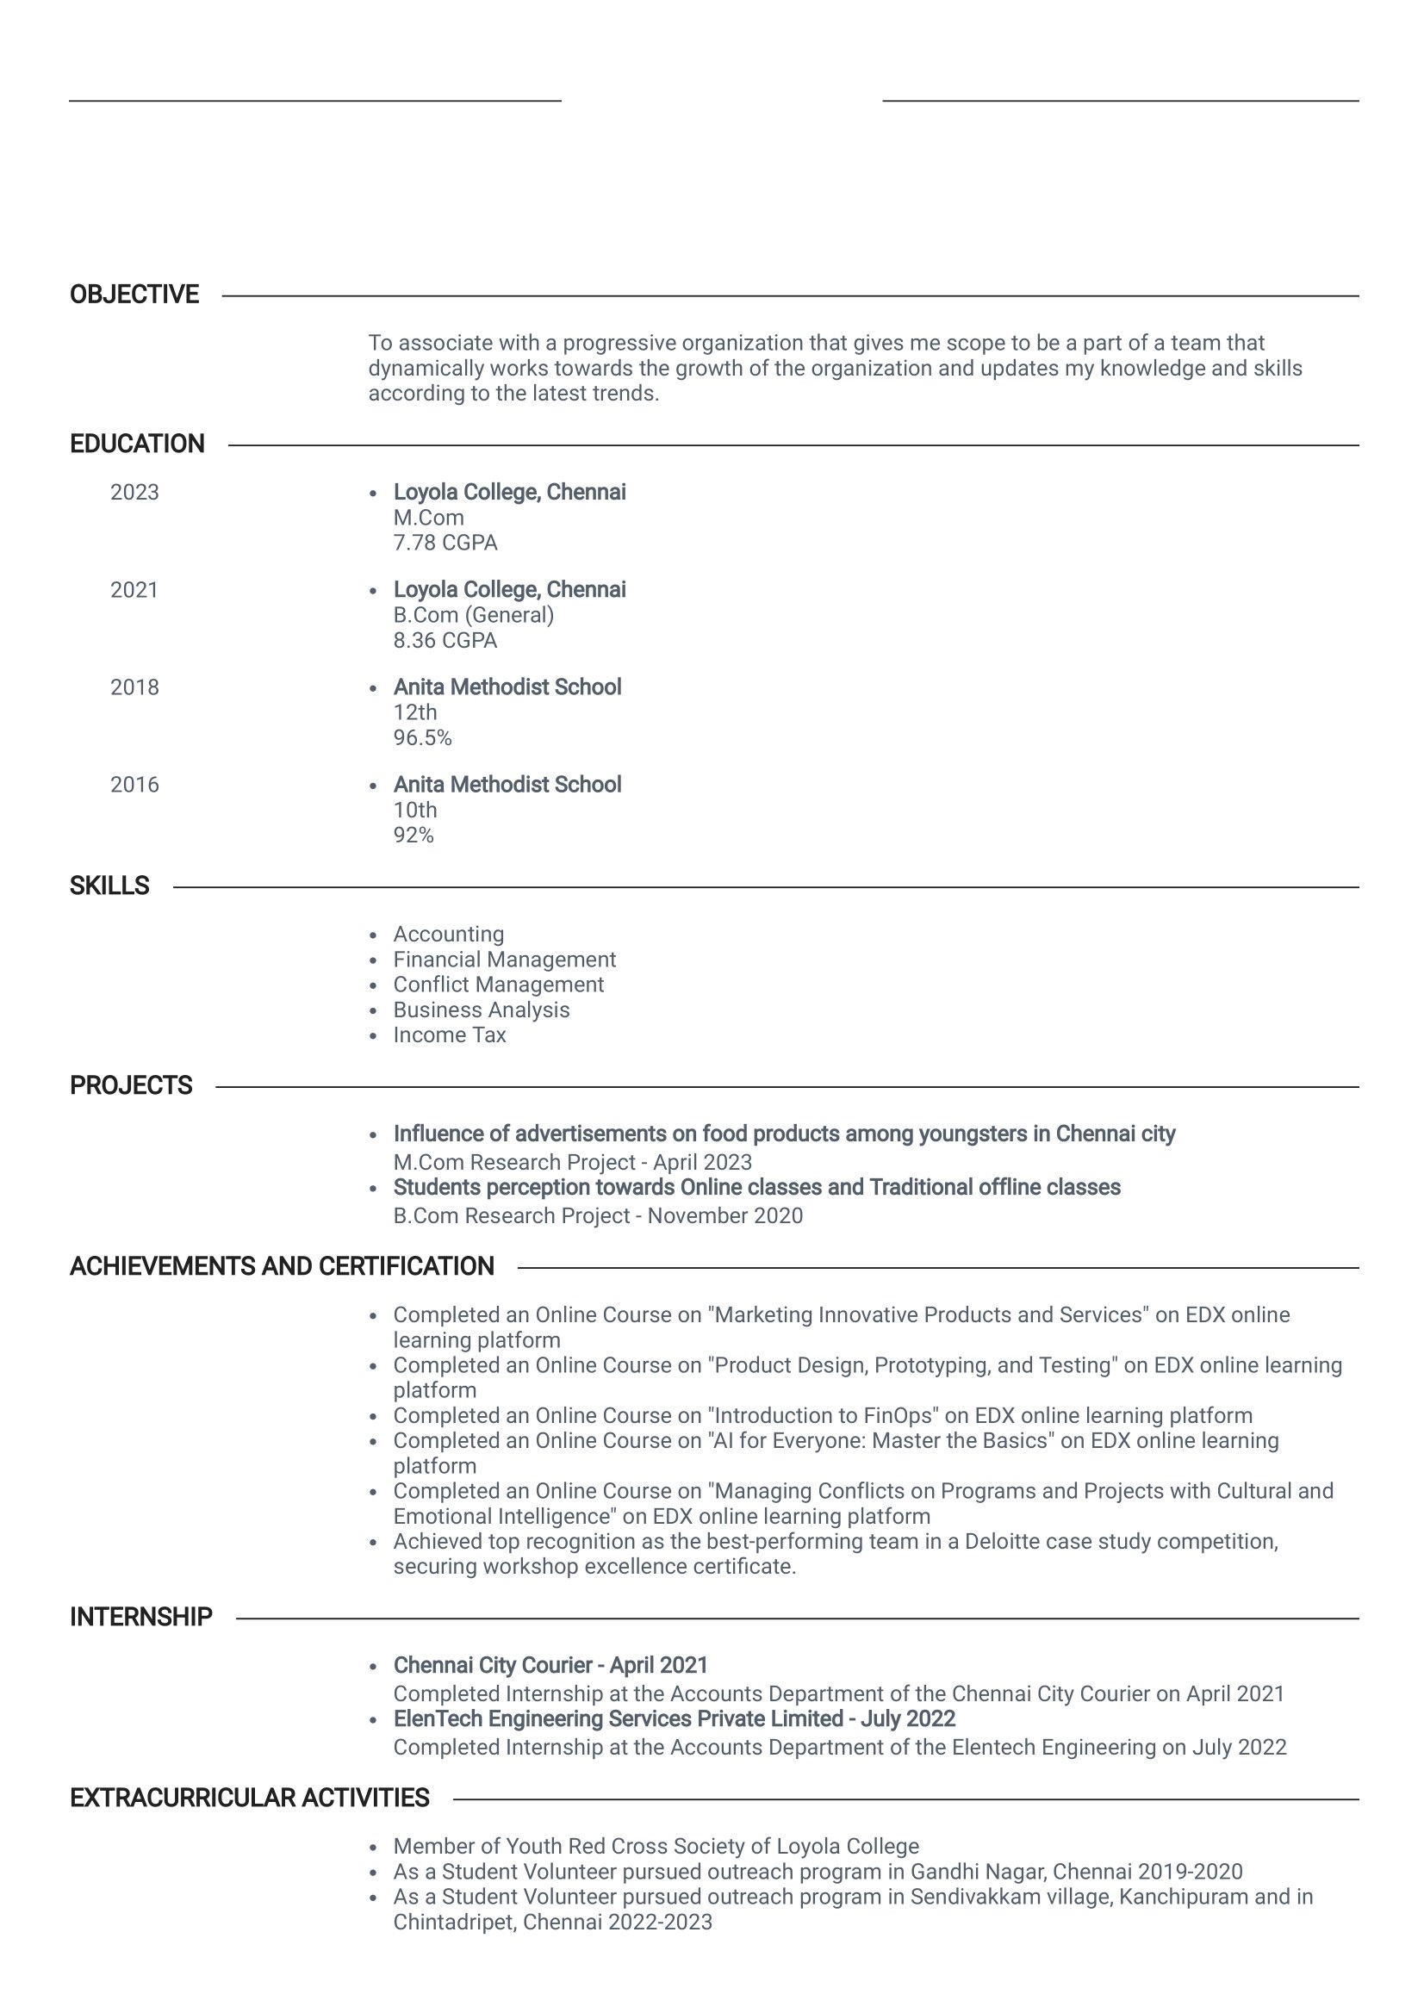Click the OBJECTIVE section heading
point(134,295)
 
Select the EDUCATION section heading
point(137,444)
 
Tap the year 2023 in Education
point(134,493)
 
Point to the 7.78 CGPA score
point(445,544)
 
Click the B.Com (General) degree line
point(474,616)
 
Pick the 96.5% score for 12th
point(422,738)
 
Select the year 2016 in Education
point(134,785)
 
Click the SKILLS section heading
point(109,885)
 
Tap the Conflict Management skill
point(498,985)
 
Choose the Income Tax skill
point(449,1035)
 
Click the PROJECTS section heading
point(131,1085)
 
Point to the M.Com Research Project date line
point(573,1163)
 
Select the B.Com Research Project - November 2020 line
point(598,1216)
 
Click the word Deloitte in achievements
point(1001,1541)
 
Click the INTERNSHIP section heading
point(141,1617)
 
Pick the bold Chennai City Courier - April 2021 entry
point(550,1665)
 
